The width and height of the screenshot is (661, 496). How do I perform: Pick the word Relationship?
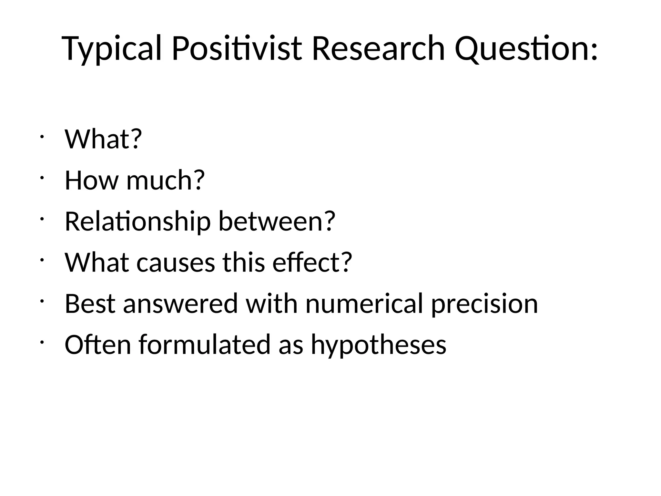click(137, 222)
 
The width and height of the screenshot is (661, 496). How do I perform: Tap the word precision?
click(484, 305)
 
